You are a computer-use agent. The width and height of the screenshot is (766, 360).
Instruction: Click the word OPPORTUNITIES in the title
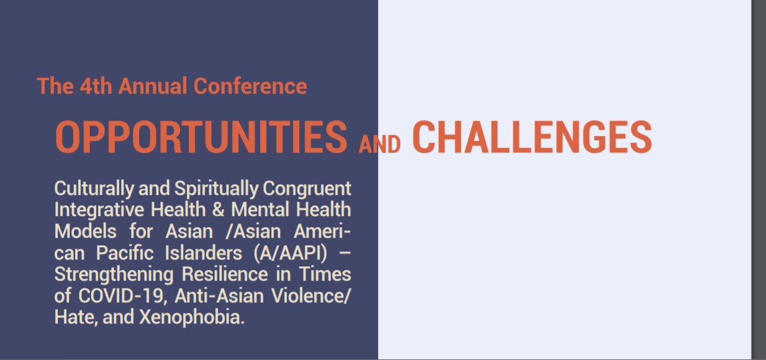coord(201,137)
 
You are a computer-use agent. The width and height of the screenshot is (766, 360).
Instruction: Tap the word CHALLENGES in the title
coord(532,137)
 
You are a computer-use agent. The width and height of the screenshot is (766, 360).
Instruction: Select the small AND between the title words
coord(379,145)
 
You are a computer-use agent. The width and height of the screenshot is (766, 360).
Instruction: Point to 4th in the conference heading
coord(96,86)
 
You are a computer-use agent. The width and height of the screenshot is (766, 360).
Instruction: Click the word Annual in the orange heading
coord(153,86)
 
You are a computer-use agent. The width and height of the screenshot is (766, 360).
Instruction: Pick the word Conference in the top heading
coord(250,86)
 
